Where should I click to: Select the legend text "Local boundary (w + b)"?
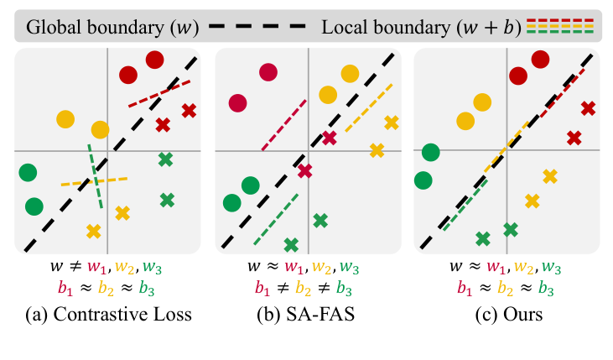point(418,27)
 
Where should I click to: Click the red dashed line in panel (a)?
point(159,93)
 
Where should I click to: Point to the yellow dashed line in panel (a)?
point(93,180)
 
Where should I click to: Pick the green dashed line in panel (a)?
point(95,175)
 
